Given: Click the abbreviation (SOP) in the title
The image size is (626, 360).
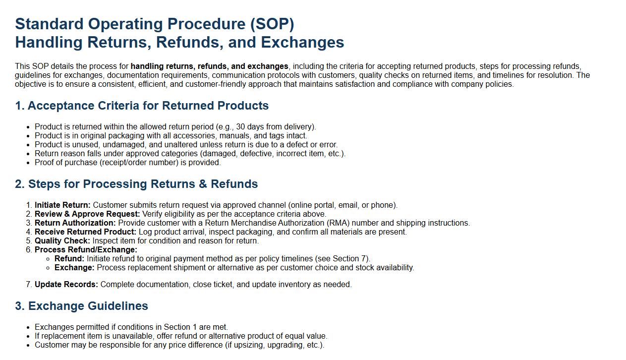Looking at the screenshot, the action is point(272,24).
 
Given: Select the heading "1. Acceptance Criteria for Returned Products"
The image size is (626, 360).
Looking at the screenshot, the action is point(142,106).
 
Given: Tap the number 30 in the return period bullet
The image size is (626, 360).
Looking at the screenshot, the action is point(240,127).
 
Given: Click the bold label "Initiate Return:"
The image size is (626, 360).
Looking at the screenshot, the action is point(62,205).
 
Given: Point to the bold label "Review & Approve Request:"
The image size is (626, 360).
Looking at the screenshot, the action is point(87,214).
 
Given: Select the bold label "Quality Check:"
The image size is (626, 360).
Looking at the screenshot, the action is point(62,241).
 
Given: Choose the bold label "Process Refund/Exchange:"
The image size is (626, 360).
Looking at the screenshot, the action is point(86,250).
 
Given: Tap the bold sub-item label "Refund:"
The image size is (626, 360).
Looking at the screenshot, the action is point(69,259).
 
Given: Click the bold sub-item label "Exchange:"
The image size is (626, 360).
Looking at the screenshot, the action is point(74,268).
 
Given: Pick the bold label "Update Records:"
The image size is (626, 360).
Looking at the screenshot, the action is point(66,285).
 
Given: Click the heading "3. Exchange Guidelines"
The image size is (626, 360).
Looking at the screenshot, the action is point(81,306).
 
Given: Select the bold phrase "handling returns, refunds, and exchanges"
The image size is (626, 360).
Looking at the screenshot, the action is point(209,66).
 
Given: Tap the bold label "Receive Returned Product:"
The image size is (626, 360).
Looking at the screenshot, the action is point(85,232).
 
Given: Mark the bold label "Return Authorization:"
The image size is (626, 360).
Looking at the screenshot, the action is point(75,223).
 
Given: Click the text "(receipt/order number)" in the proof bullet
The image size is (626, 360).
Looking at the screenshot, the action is point(139,163).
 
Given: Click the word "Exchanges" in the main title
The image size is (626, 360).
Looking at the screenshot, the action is point(302,43).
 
